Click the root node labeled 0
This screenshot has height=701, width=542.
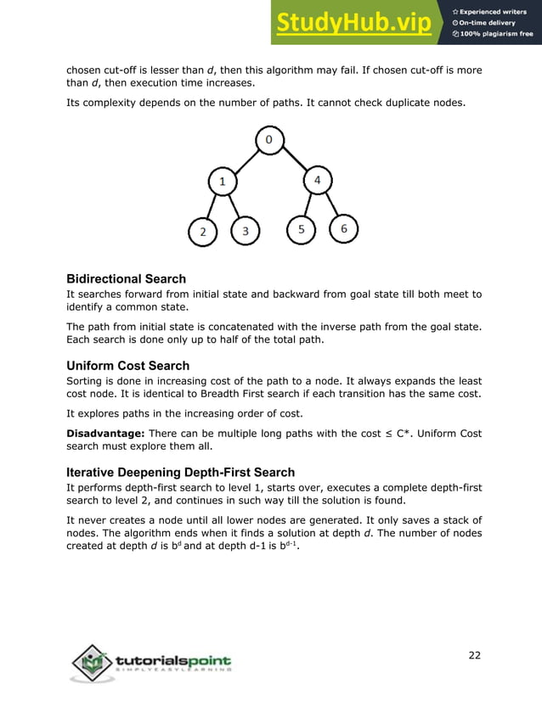pos(268,140)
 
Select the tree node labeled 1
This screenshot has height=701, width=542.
pos(222,181)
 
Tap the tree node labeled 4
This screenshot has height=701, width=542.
pos(317,180)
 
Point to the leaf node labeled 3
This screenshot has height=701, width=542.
pos(246,231)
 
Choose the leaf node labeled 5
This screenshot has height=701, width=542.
pos(301,230)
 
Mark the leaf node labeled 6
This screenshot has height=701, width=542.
pos(344,229)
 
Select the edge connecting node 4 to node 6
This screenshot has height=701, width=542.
pos(331,205)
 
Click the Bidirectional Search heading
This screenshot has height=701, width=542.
pos(126,279)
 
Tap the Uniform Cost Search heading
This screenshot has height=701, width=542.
pos(122,366)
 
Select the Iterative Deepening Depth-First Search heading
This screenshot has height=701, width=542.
pos(180,472)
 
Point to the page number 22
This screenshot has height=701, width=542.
pos(474,653)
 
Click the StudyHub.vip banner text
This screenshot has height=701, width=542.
pos(357,23)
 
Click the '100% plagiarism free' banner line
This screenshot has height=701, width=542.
pos(497,34)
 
